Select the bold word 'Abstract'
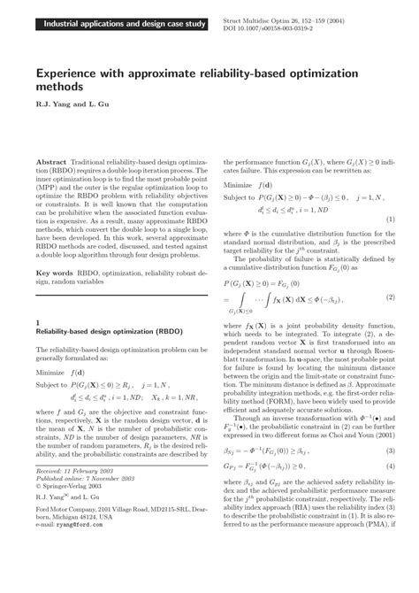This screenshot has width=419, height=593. [x=53, y=140]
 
